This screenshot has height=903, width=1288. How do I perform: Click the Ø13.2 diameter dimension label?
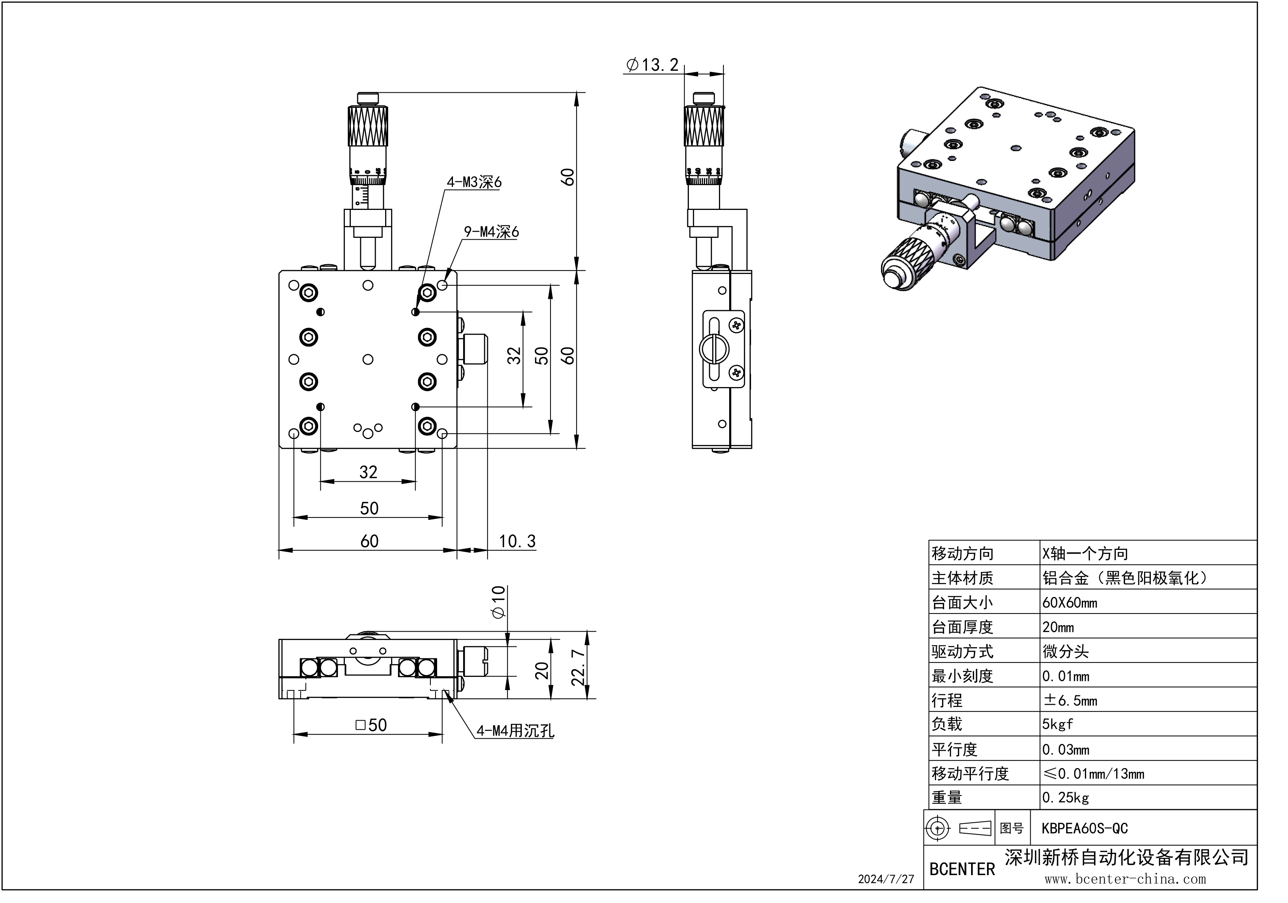(x=653, y=65)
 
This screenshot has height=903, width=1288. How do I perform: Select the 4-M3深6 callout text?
(x=474, y=182)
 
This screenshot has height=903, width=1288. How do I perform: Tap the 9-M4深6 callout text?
(x=491, y=232)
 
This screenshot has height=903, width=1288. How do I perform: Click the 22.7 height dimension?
(x=578, y=668)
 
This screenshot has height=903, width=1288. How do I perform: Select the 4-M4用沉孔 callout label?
(x=515, y=731)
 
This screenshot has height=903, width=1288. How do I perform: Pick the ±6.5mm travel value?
(x=1070, y=700)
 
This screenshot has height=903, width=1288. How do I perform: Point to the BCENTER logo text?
(x=962, y=869)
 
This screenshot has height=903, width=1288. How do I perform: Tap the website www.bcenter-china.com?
(x=1125, y=879)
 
